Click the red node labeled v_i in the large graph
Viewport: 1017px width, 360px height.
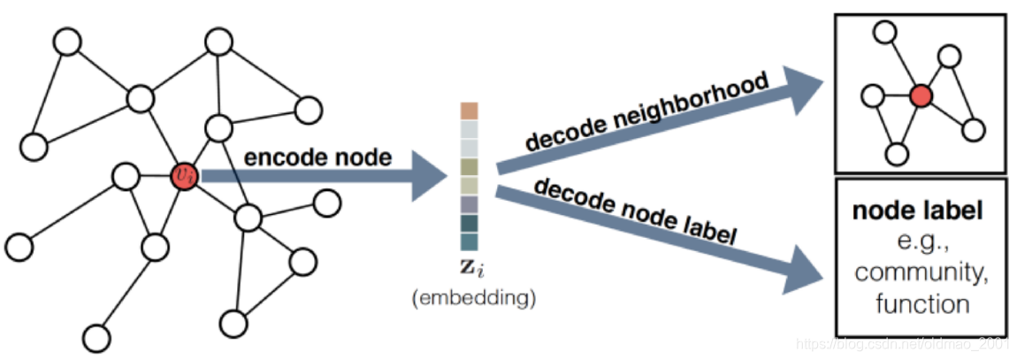[184, 176]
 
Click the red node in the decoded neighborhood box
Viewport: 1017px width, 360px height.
[921, 96]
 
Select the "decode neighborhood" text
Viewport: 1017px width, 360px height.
[648, 112]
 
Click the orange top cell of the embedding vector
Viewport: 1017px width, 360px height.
[469, 111]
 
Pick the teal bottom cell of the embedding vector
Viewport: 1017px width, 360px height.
[469, 241]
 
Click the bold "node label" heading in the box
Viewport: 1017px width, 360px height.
[918, 211]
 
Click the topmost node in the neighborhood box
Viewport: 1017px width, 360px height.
[883, 32]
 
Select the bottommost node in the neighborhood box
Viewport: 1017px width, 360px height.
[897, 154]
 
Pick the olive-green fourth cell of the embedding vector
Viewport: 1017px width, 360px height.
[469, 167]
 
